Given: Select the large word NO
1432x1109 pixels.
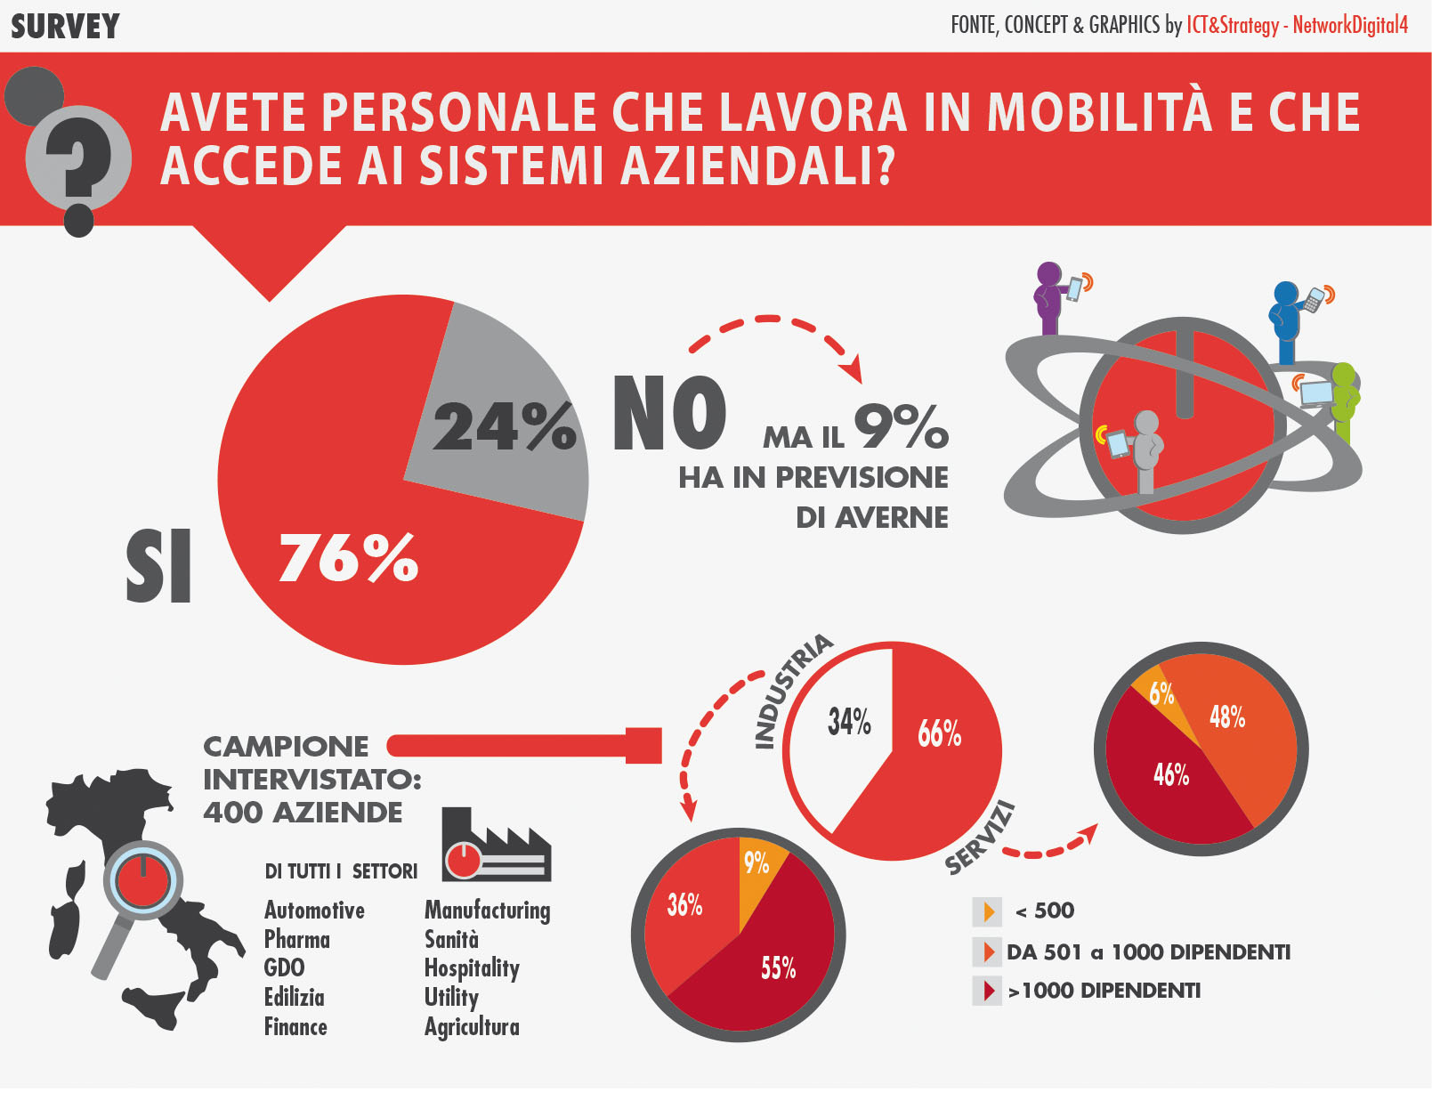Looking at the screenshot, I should pos(669,413).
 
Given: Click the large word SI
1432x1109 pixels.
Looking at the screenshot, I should pos(158,566).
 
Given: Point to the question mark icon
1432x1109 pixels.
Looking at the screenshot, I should pos(78,160).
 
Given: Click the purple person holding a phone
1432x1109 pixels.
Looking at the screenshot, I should pos(1051,298).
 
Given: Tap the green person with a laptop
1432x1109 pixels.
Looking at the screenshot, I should pos(1342,401).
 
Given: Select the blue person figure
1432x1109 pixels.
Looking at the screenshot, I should pos(1287,321).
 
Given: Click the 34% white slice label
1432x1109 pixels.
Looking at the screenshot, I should pos(849,721).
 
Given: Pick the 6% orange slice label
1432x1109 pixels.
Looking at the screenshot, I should pos(1161,693).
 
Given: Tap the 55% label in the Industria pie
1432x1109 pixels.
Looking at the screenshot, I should pos(778,967).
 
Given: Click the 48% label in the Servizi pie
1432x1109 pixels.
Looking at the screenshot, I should pos(1227,716).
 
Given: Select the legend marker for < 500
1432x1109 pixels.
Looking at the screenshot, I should pos(988,911).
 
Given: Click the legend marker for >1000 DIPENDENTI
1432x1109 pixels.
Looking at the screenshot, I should pos(988,991).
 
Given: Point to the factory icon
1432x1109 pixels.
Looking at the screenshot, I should pos(496,846).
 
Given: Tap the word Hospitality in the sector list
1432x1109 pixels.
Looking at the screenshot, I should pos(472,968).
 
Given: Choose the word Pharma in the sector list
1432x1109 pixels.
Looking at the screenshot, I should pos(297,940).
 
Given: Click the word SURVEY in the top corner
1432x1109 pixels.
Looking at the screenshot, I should pos(65,27).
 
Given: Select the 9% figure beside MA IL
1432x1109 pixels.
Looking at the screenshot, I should pos(901,427).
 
